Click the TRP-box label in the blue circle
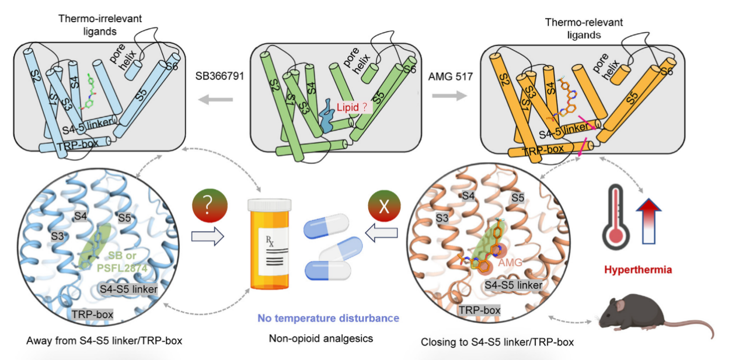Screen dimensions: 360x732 point(92,314)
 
